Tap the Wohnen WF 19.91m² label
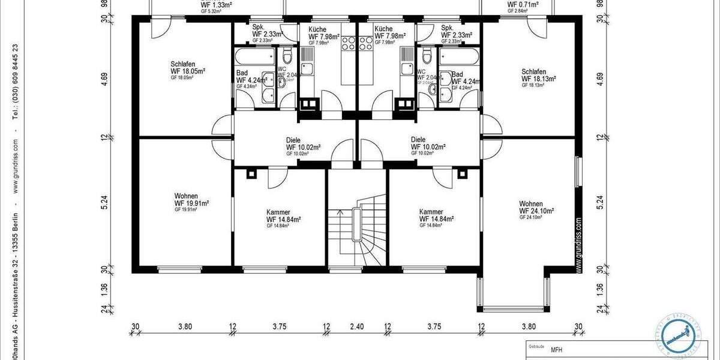point(191,203)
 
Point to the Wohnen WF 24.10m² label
point(536,211)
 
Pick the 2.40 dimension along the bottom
point(356,328)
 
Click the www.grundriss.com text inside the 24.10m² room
point(578,245)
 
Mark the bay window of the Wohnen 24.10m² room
point(514,295)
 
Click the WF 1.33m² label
point(216,4)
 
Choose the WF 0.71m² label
point(523,4)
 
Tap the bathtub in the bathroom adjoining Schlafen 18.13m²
point(459,58)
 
